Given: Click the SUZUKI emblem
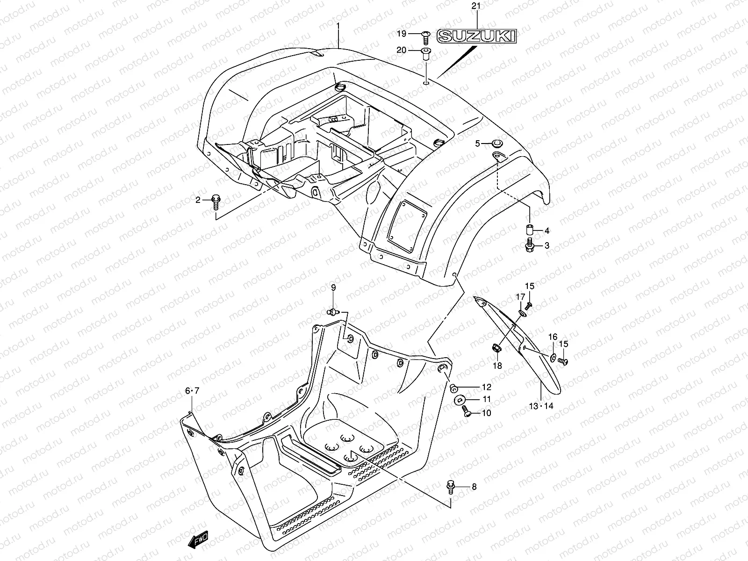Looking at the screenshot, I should point(476,36).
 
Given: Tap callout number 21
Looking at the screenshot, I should point(476,6).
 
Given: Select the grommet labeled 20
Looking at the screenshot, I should point(426,53).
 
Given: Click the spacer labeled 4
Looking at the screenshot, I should point(529,230).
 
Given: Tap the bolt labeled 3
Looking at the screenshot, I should point(530,245).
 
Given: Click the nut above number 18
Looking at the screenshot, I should point(497,348).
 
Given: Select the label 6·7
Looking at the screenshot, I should point(192,390).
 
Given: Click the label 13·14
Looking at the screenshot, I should point(541,406).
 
